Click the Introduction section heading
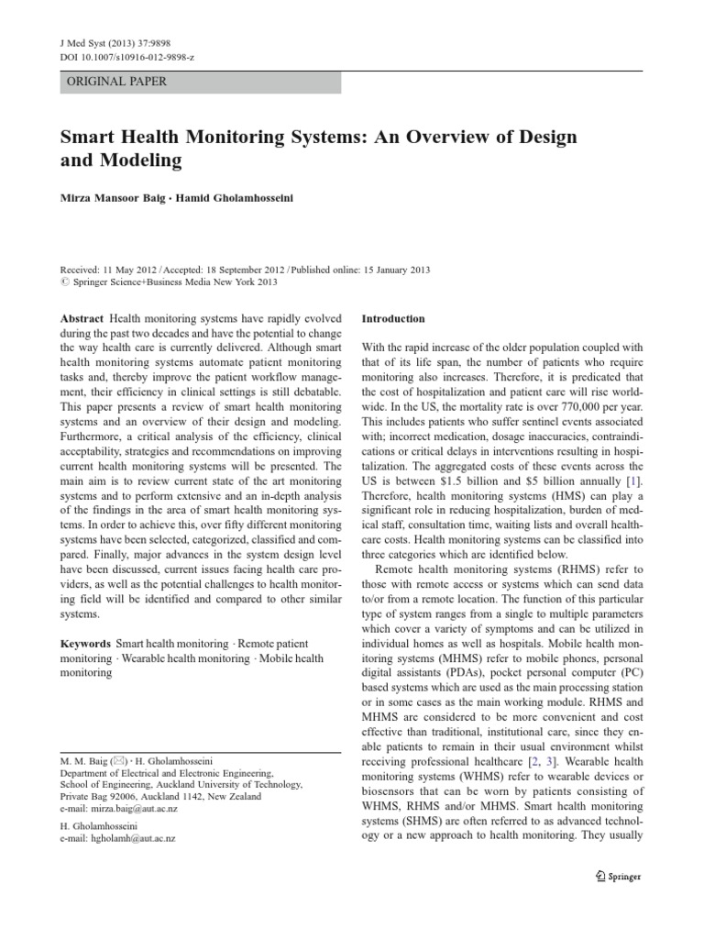pos(393,319)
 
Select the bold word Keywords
pos(86,645)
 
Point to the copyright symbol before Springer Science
pos(63,283)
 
